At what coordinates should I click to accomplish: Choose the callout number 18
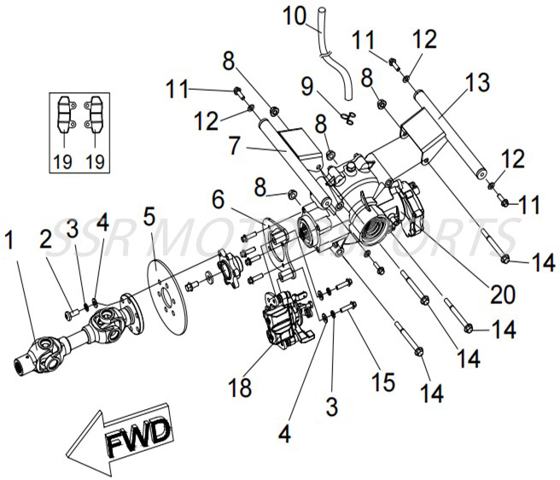point(242,388)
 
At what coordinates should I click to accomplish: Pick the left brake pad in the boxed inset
point(64,114)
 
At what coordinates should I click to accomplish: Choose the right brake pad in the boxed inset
point(95,114)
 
